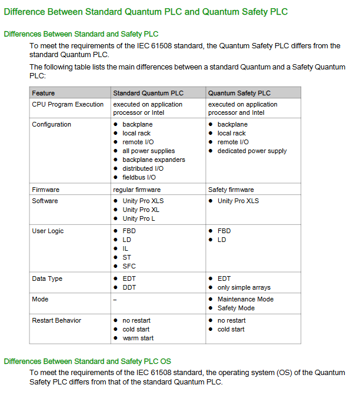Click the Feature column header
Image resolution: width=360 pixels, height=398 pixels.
coord(44,93)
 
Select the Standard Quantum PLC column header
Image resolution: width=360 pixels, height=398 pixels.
coord(148,93)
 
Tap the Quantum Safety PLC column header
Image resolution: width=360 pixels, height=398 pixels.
coord(239,93)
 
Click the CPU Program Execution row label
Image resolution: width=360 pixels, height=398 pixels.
coord(68,104)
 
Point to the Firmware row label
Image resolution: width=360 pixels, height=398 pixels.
coord(46,190)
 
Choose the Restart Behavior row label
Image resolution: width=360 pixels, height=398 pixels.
coord(56,320)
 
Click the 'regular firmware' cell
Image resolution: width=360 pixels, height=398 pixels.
coord(136,190)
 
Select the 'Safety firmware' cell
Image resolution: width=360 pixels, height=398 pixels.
coord(231,190)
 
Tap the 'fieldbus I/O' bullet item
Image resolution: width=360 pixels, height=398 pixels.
coord(139,177)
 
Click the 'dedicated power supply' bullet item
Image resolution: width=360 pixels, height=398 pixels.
coord(252,151)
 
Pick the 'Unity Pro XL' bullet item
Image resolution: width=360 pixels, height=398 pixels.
coord(141,210)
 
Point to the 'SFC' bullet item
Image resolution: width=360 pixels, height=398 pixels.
coord(129,266)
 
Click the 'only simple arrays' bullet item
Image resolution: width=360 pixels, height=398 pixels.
coord(244,287)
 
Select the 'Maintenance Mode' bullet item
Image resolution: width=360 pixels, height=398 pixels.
coord(245,299)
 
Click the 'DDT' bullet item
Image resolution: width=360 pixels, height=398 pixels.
coord(129,287)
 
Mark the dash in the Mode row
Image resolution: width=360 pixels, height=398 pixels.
coord(115,300)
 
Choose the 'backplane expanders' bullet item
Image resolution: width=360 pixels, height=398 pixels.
coord(154,160)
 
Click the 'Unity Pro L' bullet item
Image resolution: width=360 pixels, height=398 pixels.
coord(139,218)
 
